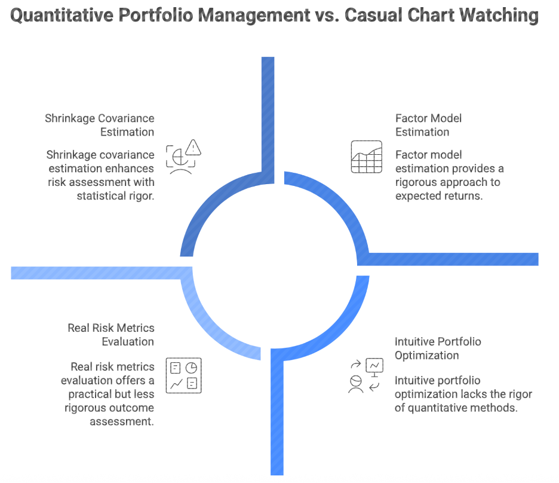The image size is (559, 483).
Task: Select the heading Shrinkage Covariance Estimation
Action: [100, 125]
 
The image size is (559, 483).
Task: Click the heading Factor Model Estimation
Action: [428, 125]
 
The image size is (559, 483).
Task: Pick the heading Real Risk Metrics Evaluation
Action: [110, 335]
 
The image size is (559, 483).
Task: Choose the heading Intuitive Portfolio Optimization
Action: [437, 349]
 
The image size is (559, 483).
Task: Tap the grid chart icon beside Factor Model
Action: [366, 157]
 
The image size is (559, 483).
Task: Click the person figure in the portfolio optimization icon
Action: [356, 384]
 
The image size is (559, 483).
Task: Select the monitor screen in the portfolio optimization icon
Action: [375, 365]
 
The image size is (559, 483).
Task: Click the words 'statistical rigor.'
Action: [115, 195]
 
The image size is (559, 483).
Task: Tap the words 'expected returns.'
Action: [438, 195]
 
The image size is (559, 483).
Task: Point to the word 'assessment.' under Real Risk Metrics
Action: [122, 421]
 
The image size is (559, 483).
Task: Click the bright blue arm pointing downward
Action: [277, 418]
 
